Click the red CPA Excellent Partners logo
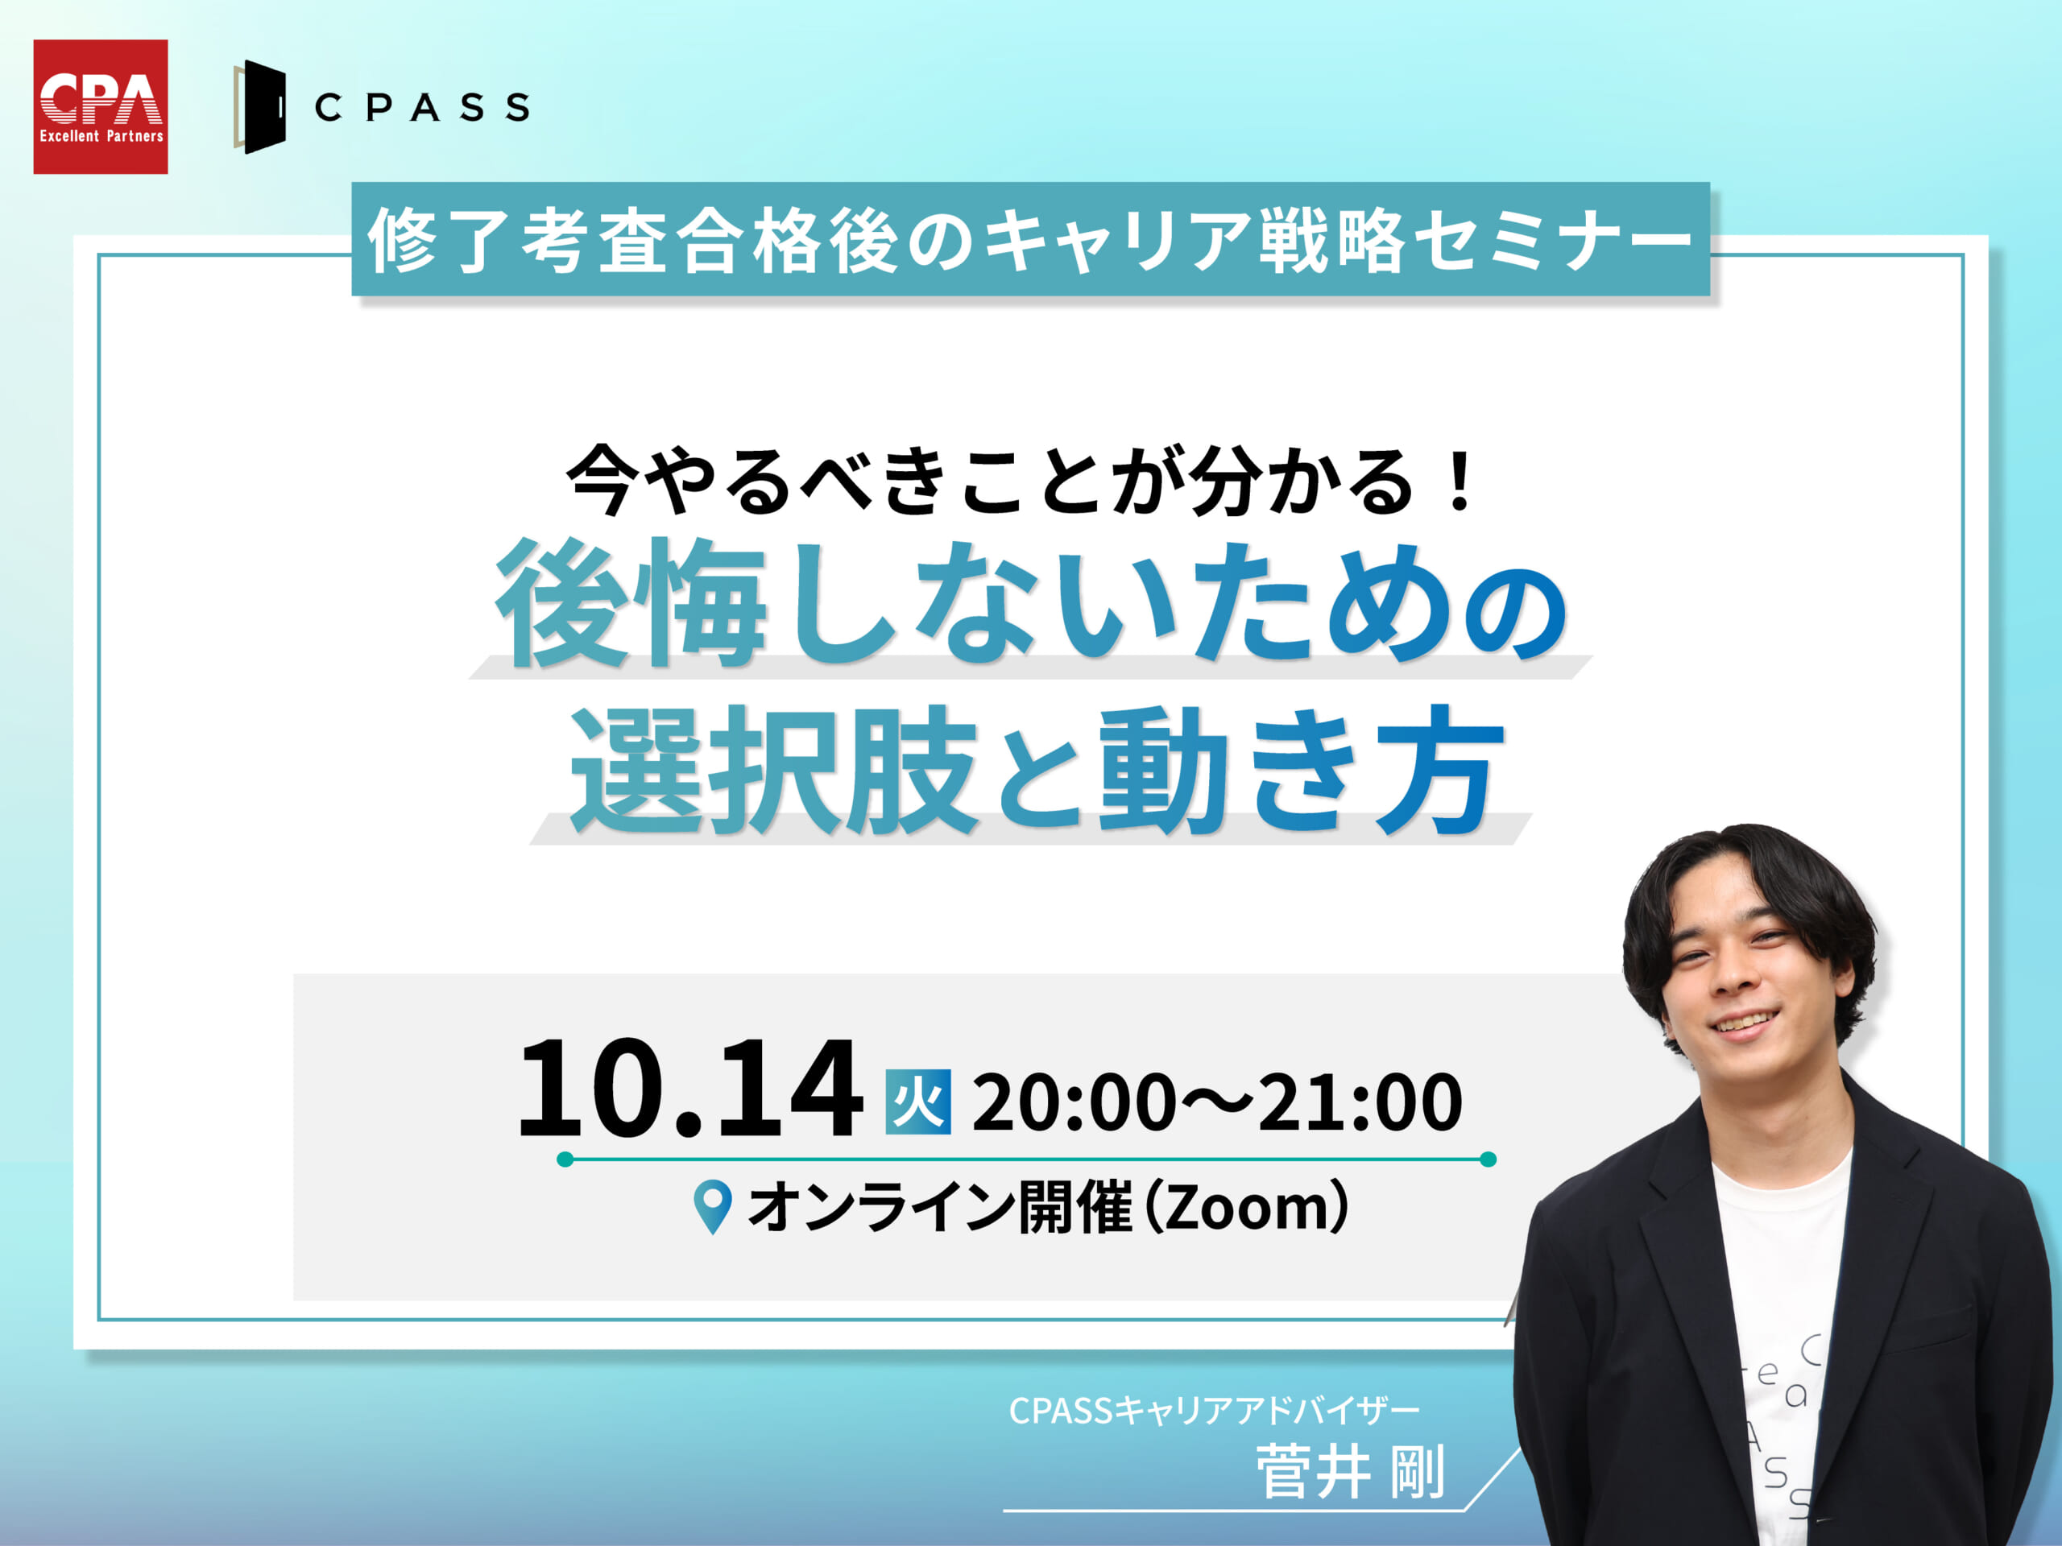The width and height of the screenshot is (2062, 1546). click(x=101, y=106)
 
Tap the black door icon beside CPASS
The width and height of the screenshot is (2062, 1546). click(x=260, y=106)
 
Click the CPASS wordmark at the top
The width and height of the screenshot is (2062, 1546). click(x=422, y=107)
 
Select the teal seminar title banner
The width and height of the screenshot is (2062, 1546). click(x=1030, y=239)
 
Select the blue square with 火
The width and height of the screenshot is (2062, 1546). click(x=918, y=1102)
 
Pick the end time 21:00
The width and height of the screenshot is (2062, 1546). click(x=1360, y=1102)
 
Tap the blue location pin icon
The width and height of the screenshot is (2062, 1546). click(x=713, y=1208)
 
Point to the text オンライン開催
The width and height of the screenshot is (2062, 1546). click(x=941, y=1207)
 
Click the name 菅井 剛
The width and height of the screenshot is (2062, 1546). click(x=1351, y=1473)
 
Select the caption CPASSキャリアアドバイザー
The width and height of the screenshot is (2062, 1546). click(x=1214, y=1411)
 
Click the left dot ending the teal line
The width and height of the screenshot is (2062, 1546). click(x=565, y=1159)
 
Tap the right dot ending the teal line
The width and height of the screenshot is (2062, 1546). click(x=1489, y=1159)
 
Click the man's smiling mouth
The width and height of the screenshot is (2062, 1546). click(x=1742, y=1023)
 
